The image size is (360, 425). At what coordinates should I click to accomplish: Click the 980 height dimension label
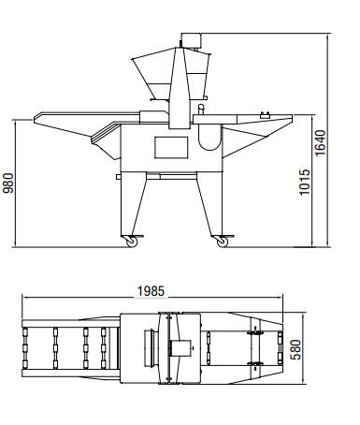pos(8,183)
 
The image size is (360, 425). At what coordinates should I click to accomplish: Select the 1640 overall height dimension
pos(320,143)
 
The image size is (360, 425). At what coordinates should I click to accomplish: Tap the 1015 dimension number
pos(305,183)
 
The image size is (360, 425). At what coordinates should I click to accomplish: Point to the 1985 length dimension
pos(151,291)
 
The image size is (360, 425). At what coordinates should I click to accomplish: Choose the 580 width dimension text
pos(295,349)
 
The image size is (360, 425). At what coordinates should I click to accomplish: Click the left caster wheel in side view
pos(131,242)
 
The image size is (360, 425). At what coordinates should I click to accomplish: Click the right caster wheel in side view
pos(223,242)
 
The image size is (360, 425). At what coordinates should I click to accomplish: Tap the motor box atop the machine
pos(191,40)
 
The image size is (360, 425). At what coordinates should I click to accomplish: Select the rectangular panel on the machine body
pos(171,147)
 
